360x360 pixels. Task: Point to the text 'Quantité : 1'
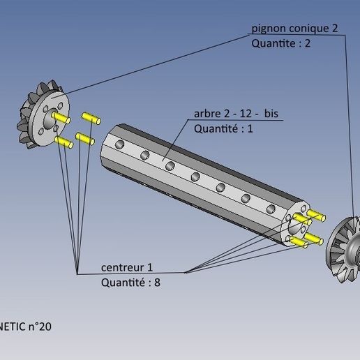coord(223,129)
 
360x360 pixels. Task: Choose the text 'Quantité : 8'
coord(134,283)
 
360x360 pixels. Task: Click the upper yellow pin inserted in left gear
coord(60,119)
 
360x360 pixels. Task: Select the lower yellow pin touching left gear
coord(64,143)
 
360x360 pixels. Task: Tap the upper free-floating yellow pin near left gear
coord(91,117)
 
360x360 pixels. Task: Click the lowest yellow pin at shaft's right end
coord(299,242)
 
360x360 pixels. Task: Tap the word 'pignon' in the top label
coord(268,29)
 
